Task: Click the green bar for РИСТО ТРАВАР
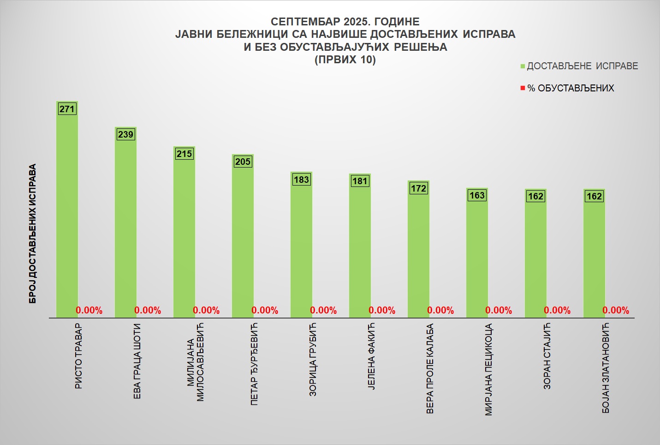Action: [67, 212]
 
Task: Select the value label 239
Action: [125, 134]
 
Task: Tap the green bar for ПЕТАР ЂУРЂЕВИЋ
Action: [243, 240]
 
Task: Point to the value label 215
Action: [184, 154]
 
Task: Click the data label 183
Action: [301, 180]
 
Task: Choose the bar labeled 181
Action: [360, 249]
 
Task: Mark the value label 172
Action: [418, 188]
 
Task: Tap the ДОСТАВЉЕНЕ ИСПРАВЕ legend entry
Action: [582, 66]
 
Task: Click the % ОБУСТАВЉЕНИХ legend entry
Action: [571, 88]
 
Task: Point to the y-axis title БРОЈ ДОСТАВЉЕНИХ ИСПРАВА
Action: [32, 234]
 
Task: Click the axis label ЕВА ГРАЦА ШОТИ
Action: [137, 361]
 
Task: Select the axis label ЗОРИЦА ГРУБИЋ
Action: [313, 360]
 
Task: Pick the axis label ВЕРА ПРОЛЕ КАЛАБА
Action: [430, 368]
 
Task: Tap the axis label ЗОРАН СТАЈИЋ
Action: [547, 356]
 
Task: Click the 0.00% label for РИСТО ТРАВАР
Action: [89, 310]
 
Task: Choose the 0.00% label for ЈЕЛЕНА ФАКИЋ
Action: [382, 310]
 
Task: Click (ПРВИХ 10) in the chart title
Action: [345, 60]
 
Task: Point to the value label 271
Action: [67, 109]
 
